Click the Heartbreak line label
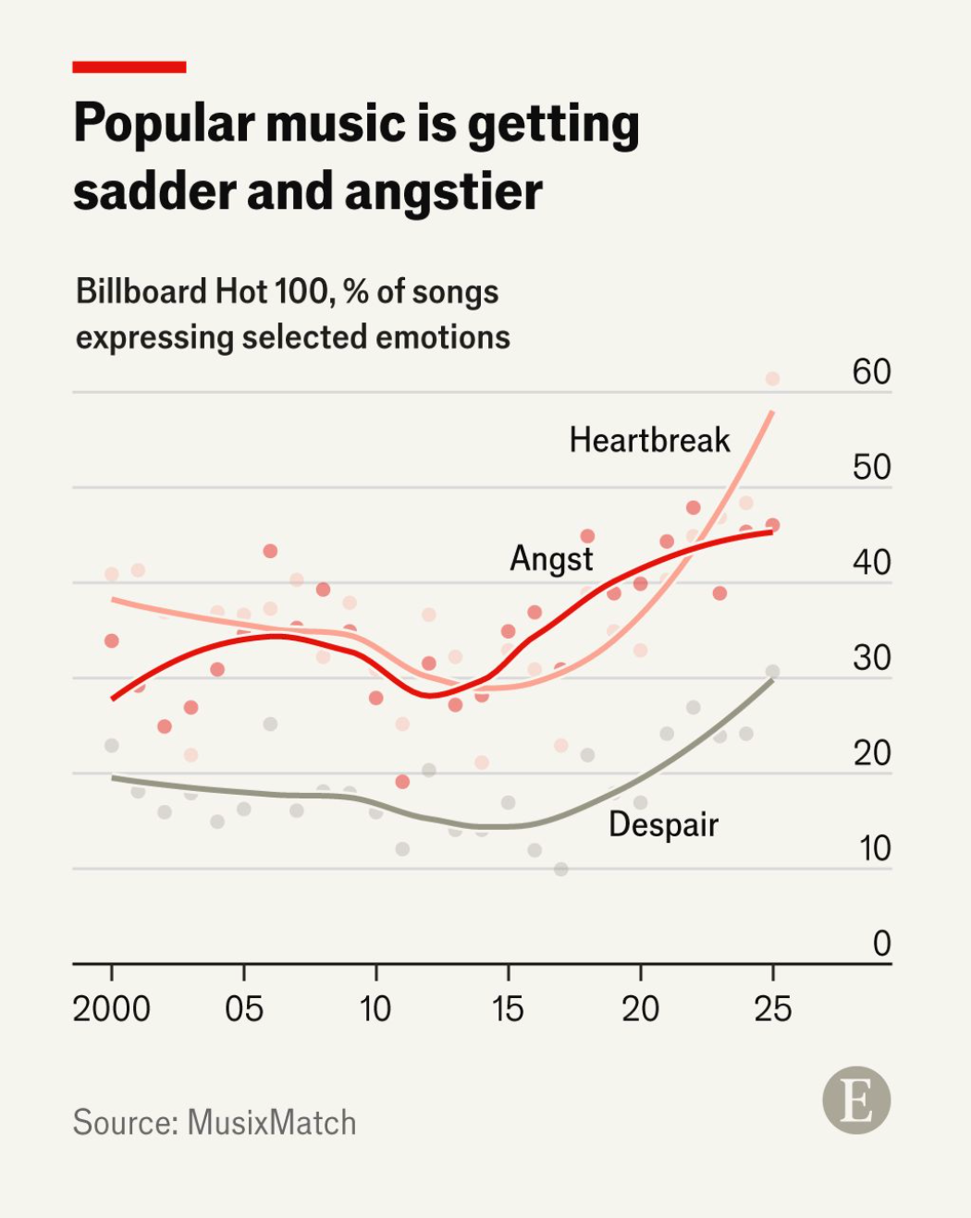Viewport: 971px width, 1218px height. click(649, 440)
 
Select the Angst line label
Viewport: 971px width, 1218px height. click(551, 559)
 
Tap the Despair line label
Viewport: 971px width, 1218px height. click(663, 824)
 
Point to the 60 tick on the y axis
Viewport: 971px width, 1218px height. click(871, 371)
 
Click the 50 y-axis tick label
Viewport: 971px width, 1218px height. click(871, 468)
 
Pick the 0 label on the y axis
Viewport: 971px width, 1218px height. click(881, 944)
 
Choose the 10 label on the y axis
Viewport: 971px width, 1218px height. click(874, 848)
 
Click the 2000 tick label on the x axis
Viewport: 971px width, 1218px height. click(112, 1008)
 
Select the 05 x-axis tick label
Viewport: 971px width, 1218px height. click(244, 1008)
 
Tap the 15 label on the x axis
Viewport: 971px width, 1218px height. click(508, 1008)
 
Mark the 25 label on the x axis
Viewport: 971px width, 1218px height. click(772, 1008)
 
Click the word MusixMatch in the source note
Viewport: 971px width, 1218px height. click(271, 1123)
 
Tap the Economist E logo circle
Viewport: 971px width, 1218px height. click(856, 1101)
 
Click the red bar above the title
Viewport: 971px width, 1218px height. click(129, 67)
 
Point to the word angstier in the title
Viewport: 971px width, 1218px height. click(443, 192)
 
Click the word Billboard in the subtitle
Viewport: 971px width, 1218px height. click(141, 291)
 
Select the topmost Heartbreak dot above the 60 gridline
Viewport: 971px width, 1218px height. click(772, 379)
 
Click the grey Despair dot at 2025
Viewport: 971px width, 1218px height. click(772, 672)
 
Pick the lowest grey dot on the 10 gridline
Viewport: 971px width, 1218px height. click(561, 869)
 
